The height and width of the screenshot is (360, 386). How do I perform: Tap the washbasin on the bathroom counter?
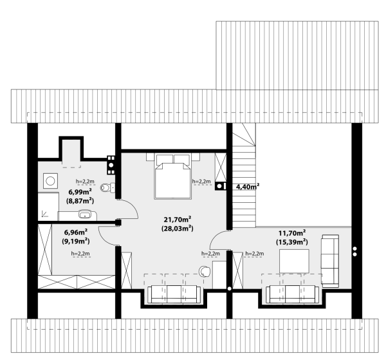coord(85,214)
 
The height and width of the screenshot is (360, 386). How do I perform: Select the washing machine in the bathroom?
coord(50,181)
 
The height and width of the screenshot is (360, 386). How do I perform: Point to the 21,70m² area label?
coord(178,219)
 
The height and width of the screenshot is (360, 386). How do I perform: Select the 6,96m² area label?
coord(76,232)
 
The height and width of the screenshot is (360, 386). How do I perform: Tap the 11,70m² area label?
coord(292,233)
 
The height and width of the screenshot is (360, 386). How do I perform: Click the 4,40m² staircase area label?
coord(248,187)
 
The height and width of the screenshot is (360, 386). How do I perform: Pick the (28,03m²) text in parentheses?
coord(178,229)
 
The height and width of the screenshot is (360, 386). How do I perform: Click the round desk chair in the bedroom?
coord(205,271)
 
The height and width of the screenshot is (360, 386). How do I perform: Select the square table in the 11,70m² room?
coord(294,261)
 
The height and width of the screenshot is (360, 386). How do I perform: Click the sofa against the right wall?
coord(330,261)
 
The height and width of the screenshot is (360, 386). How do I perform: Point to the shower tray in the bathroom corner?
coord(48,207)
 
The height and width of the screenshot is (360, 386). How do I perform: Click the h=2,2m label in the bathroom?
coord(85,182)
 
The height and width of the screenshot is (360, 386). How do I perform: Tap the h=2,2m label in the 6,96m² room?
coord(80,254)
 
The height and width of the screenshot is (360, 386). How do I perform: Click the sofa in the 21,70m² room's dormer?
coord(174,294)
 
